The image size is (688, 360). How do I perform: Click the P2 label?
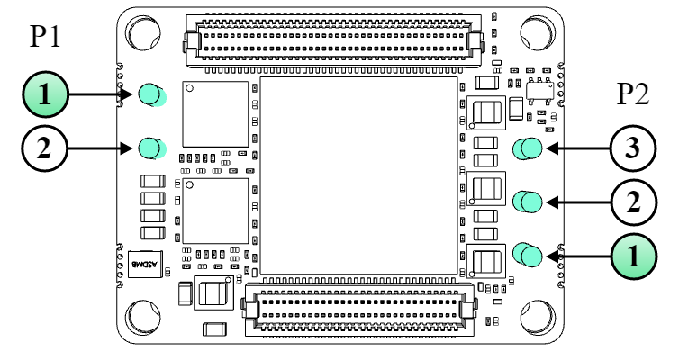coord(633,93)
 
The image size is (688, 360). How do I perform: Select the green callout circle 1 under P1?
coord(46,94)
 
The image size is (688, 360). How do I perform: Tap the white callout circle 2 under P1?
coord(46,148)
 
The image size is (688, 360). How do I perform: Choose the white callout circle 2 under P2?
coord(633,202)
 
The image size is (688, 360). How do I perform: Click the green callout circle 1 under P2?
coord(633,256)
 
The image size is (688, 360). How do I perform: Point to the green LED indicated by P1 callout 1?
coord(151,93)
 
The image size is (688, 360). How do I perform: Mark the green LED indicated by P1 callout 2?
coord(150,147)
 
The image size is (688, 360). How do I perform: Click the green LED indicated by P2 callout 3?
coord(528,148)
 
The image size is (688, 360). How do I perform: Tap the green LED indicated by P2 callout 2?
coord(528,202)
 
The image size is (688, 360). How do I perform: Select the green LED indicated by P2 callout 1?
coord(528,256)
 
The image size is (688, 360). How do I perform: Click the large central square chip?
coord(358,175)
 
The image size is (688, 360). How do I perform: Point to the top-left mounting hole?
coord(145,33)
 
